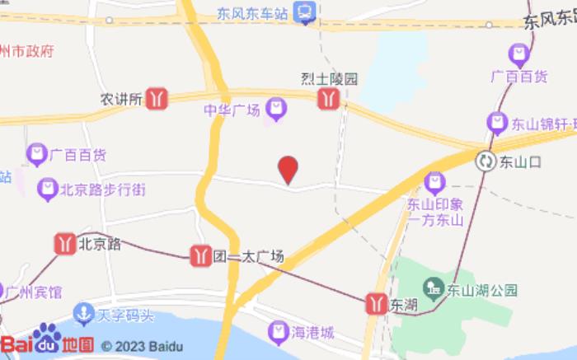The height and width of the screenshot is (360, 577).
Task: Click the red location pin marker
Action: click(288, 170)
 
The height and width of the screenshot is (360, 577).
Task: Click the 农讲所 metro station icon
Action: click(157, 100)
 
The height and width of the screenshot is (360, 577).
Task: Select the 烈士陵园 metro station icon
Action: click(328, 99)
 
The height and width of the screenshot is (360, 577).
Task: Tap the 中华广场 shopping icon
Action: click(276, 110)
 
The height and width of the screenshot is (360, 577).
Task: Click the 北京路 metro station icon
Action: click(64, 244)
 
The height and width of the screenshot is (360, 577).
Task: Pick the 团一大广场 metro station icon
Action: click(199, 255)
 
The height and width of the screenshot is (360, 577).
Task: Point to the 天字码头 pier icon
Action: click(82, 314)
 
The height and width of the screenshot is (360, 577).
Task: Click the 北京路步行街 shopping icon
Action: click(47, 189)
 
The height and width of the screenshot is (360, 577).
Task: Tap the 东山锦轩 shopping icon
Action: click(497, 124)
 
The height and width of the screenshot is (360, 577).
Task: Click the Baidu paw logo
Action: click(47, 338)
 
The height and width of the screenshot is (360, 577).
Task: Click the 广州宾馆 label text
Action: click(33, 292)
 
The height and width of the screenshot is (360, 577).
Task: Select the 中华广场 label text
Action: click(232, 110)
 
